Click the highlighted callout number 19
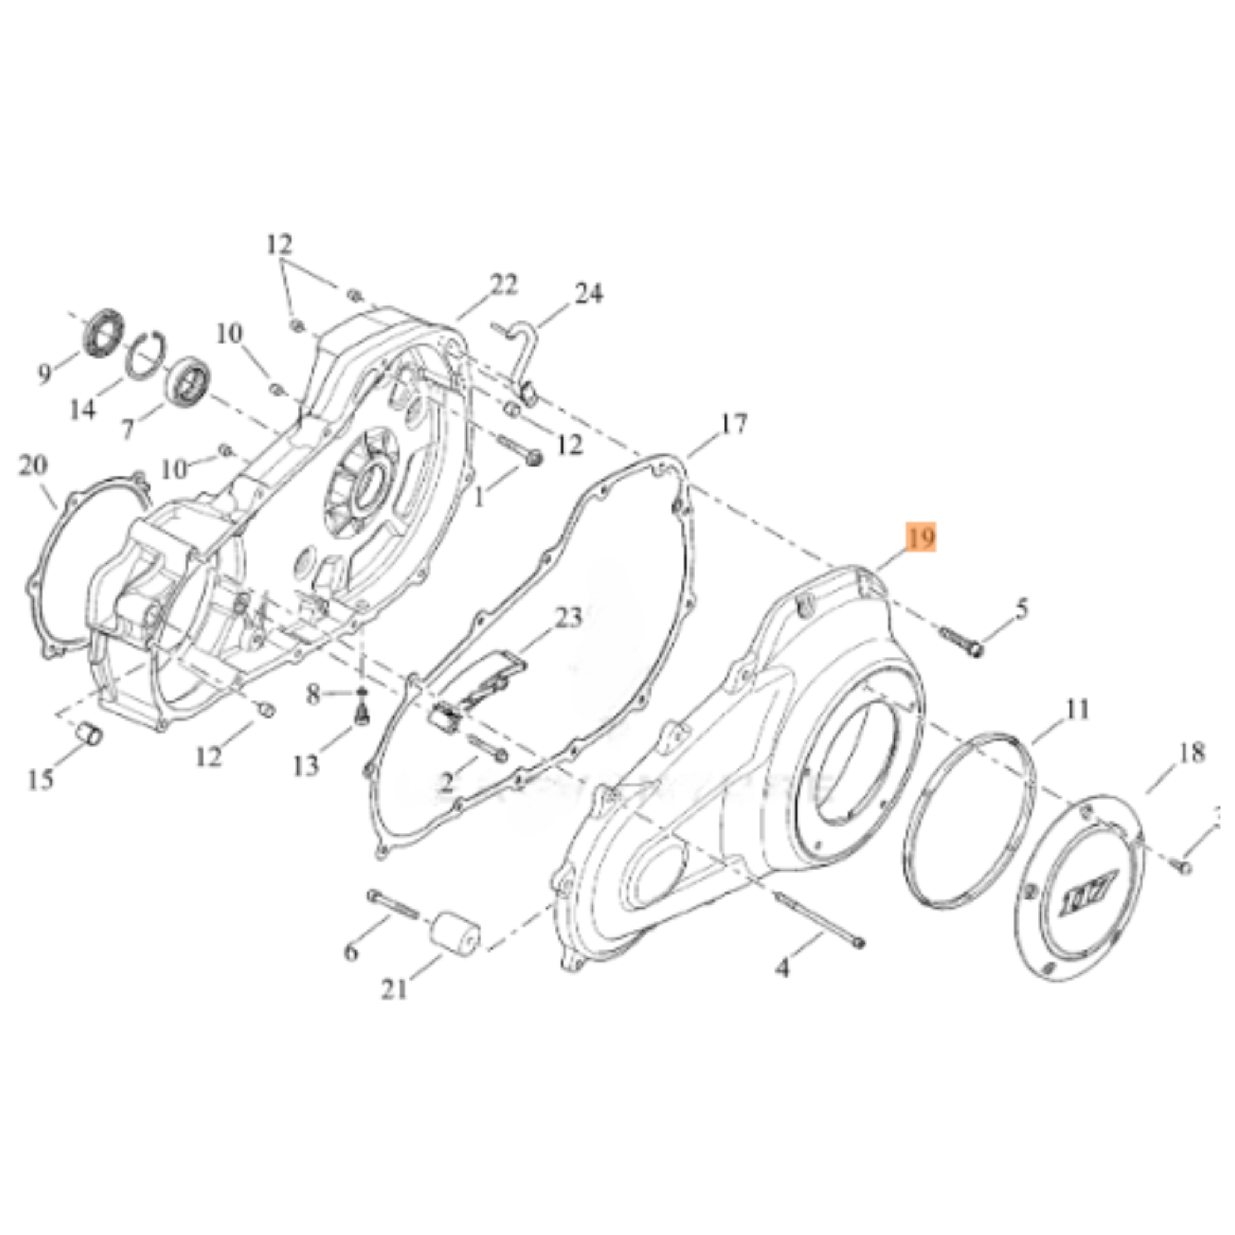point(920,539)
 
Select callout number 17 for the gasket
point(734,424)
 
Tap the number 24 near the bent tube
point(589,294)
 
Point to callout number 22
point(504,285)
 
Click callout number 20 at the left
point(33,466)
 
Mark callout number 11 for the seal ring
point(1077,710)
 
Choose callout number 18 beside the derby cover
point(1191,753)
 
